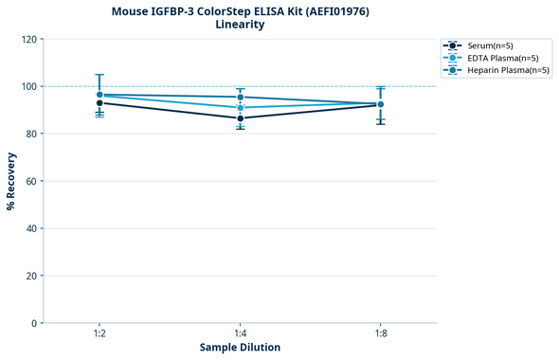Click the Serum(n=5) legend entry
[491, 45]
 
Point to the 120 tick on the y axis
[28, 39]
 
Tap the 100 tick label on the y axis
[28, 86]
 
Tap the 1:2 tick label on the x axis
[99, 333]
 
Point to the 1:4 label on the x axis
[240, 333]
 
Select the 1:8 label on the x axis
[380, 333]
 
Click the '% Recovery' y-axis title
[11, 181]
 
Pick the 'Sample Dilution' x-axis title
[240, 348]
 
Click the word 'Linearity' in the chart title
[240, 25]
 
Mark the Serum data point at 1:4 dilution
[240, 118]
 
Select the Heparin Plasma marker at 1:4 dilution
[240, 98]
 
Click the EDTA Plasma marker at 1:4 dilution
[240, 108]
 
